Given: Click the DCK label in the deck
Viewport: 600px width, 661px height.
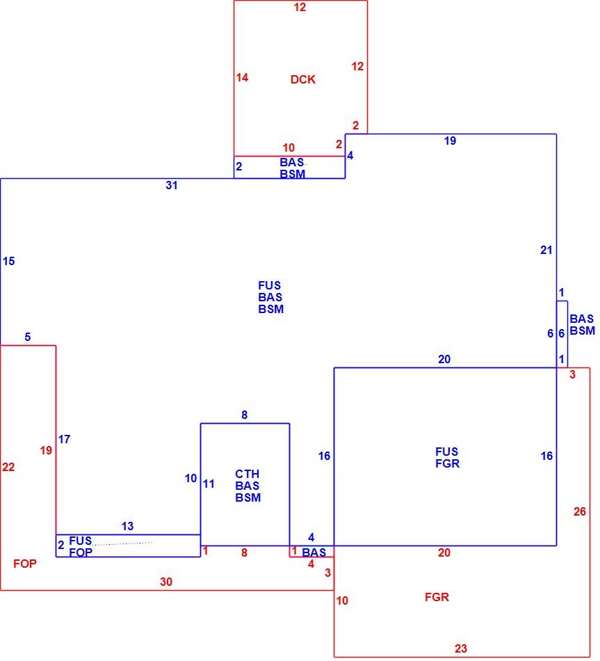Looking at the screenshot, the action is coord(303,79).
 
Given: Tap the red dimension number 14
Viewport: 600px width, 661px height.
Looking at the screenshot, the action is coord(242,77).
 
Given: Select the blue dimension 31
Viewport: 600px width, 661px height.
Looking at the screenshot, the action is coord(172,186).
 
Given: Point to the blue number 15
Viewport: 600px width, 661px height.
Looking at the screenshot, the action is coord(9,262).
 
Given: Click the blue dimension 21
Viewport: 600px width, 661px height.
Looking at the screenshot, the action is coord(546,250).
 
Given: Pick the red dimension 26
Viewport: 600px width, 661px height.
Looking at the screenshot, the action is coord(580,511).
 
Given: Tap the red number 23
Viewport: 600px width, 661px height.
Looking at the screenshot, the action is coord(461,648).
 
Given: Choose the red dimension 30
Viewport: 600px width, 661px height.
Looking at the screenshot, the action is coord(166,582).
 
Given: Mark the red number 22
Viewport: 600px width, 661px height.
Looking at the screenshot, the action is coord(8,467).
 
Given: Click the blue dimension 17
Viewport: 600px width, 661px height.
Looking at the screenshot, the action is coord(64,439).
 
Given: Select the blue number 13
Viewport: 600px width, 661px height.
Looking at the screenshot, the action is coord(128,526).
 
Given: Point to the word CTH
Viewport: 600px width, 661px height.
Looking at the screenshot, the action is coord(248,474).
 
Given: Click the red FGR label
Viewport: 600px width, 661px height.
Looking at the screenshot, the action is coord(437,597).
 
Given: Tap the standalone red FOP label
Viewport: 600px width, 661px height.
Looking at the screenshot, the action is coord(25,564).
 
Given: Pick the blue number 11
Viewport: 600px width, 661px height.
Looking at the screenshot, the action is coord(209,484).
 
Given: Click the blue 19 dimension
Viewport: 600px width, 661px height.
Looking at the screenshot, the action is coord(450,141).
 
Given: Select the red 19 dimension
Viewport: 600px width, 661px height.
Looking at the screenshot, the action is coord(46,451).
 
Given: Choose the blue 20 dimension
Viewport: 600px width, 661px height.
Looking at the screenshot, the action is coord(444,359).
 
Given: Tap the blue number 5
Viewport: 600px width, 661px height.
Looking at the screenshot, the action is coord(28,337).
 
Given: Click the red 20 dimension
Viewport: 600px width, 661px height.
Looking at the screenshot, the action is coord(444,552).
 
